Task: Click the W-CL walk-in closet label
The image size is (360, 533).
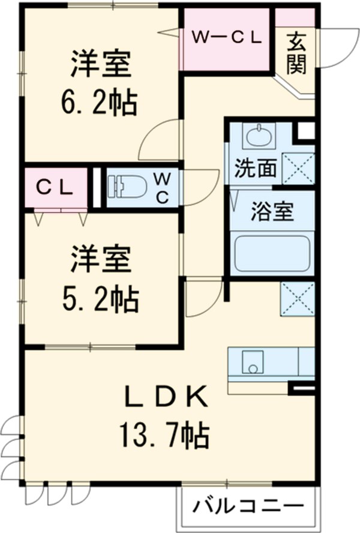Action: coord(226,37)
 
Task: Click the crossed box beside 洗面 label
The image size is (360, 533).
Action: coord(298,168)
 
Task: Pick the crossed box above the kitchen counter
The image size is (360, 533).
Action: coord(298,298)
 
